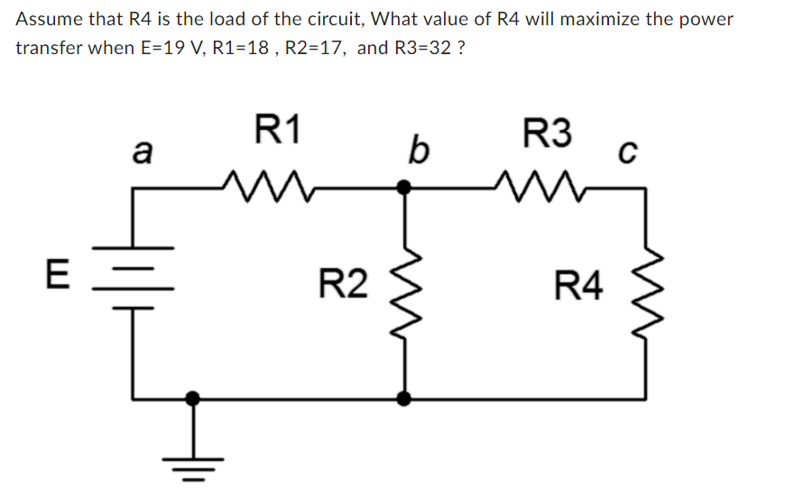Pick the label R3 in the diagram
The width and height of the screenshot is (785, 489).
(x=548, y=134)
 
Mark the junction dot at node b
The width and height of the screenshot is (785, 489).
(x=405, y=188)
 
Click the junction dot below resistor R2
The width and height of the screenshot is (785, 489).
(x=405, y=397)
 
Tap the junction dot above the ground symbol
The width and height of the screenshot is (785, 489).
(x=191, y=397)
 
